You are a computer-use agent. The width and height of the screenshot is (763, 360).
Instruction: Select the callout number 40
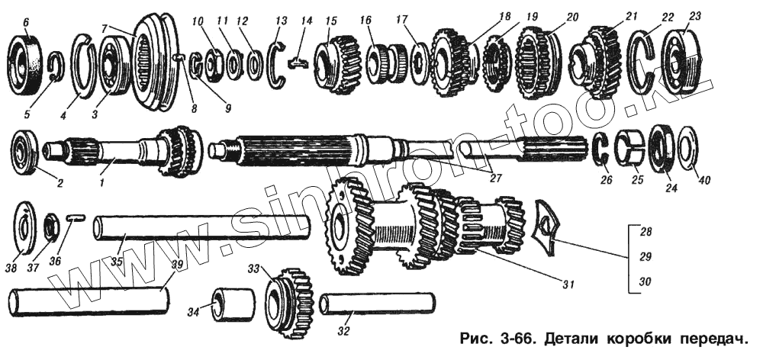pyautogui.click(x=703, y=181)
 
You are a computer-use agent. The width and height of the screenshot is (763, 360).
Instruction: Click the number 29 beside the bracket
pyautogui.click(x=645, y=256)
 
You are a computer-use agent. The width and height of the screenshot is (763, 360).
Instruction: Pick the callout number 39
pyautogui.click(x=177, y=264)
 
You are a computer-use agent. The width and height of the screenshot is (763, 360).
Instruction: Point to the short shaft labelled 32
pyautogui.click(x=378, y=304)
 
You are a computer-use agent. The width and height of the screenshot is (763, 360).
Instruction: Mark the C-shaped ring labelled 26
pyautogui.click(x=600, y=150)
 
